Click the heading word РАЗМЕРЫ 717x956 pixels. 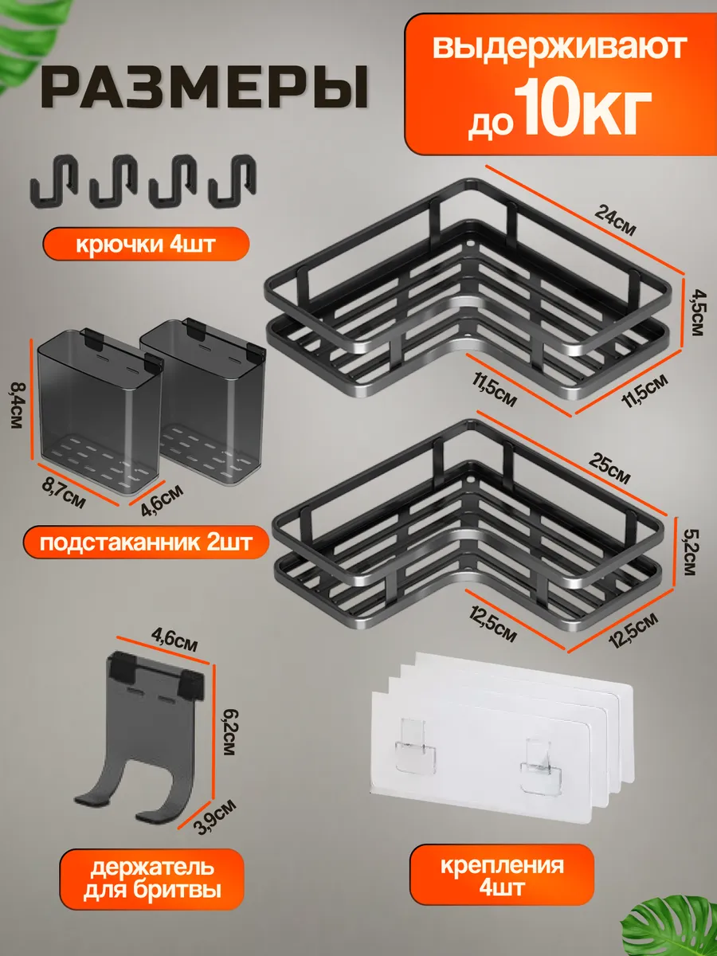[x=205, y=87]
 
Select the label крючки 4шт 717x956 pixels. [x=146, y=244]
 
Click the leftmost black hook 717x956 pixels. [x=53, y=181]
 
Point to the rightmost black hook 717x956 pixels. [x=233, y=180]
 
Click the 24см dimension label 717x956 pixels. [x=615, y=221]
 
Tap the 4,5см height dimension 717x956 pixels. [x=697, y=314]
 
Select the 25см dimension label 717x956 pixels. [x=609, y=468]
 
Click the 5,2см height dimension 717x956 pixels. [x=690, y=551]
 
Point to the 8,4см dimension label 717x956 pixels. [x=18, y=405]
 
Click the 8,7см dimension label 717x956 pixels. [x=64, y=492]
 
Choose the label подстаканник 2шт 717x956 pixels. [x=146, y=543]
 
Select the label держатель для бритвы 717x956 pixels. [x=152, y=879]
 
